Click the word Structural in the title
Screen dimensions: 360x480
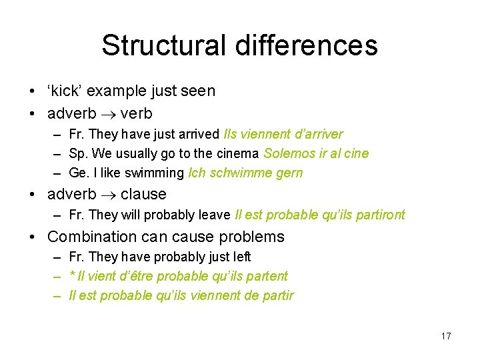click(164, 46)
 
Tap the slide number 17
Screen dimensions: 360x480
click(446, 336)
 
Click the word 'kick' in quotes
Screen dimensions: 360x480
click(66, 90)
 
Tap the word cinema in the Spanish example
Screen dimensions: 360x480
click(238, 153)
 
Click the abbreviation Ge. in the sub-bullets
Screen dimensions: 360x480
click(78, 173)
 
